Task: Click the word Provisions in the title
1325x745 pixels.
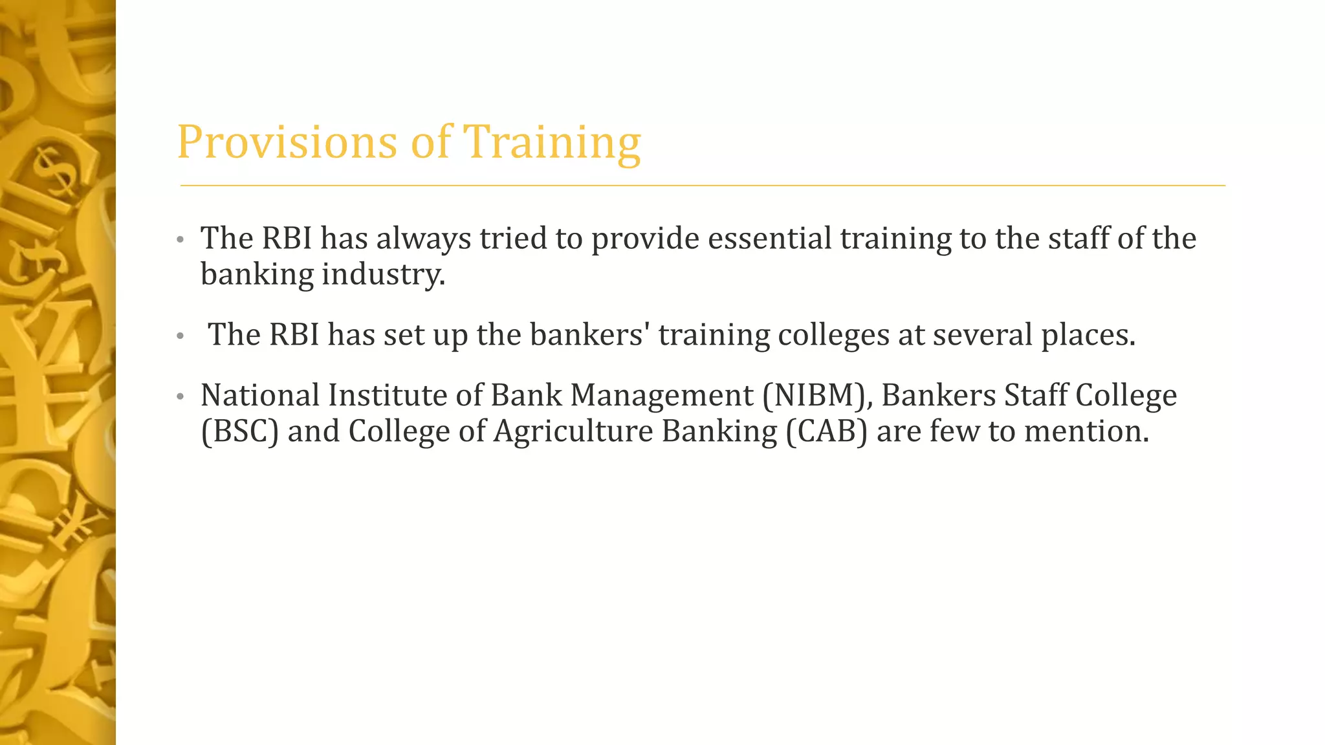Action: click(287, 142)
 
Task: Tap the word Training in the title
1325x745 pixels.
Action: click(552, 142)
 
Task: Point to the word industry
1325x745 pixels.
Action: click(383, 274)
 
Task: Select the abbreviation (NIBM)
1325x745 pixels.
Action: click(817, 395)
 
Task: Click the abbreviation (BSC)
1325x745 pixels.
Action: click(240, 431)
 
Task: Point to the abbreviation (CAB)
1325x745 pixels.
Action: click(826, 431)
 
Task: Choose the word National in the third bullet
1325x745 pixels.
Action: click(260, 395)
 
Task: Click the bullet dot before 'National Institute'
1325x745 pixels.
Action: click(181, 396)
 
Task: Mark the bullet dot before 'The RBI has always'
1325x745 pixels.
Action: click(181, 240)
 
